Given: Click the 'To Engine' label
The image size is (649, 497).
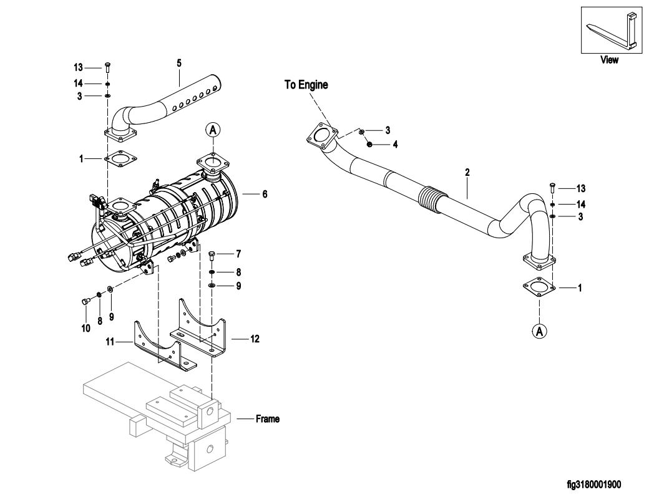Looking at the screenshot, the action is click(x=306, y=85).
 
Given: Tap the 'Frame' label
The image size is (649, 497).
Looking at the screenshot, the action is click(x=267, y=419).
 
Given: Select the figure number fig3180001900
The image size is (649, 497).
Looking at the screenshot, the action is click(x=594, y=484).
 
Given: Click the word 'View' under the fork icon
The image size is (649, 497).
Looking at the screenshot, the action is click(x=609, y=60).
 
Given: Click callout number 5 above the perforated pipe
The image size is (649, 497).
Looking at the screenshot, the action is click(x=179, y=63).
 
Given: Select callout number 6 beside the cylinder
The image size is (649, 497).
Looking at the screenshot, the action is click(x=265, y=194).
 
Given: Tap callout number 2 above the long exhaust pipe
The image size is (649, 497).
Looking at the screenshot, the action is click(x=467, y=172).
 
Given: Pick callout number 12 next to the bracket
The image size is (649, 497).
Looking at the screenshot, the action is click(x=255, y=339).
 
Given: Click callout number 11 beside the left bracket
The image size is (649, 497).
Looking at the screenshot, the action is click(x=110, y=342).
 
